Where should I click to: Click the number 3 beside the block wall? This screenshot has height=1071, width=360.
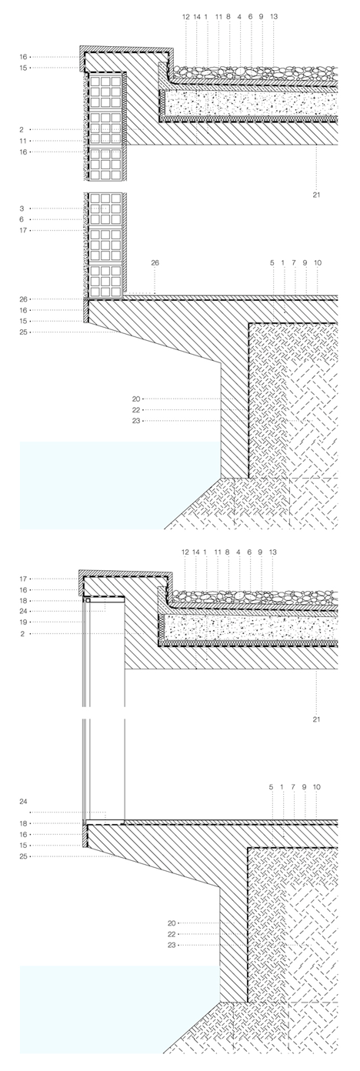pyautogui.click(x=22, y=209)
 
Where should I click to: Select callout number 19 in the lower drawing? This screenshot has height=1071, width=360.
pyautogui.click(x=23, y=622)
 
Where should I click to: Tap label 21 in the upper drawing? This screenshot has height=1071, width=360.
pyautogui.click(x=316, y=195)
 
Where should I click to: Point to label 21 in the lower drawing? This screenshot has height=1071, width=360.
pyautogui.click(x=316, y=719)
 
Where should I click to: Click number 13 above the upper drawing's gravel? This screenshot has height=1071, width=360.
pyautogui.click(x=274, y=16)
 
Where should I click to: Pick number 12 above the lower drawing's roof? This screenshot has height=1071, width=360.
pyautogui.click(x=185, y=552)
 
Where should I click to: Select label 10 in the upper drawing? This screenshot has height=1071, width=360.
pyautogui.click(x=318, y=262)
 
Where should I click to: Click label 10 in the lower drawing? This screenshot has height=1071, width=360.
pyautogui.click(x=317, y=786)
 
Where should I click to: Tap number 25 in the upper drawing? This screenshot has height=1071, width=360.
pyautogui.click(x=23, y=332)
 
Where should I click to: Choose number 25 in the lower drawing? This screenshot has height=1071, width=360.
pyautogui.click(x=23, y=856)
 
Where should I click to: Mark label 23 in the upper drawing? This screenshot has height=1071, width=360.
pyautogui.click(x=136, y=421)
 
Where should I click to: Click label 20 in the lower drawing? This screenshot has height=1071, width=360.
pyautogui.click(x=172, y=923)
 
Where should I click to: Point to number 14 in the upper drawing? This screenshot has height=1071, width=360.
pyautogui.click(x=197, y=16)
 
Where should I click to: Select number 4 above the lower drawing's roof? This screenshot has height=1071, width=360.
pyautogui.click(x=238, y=552)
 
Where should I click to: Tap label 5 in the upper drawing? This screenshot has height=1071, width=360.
pyautogui.click(x=272, y=262)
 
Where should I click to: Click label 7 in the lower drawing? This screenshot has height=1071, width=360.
pyautogui.click(x=294, y=786)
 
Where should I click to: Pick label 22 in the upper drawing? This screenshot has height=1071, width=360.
pyautogui.click(x=136, y=410)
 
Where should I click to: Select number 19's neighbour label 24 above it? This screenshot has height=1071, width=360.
pyautogui.click(x=23, y=611)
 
